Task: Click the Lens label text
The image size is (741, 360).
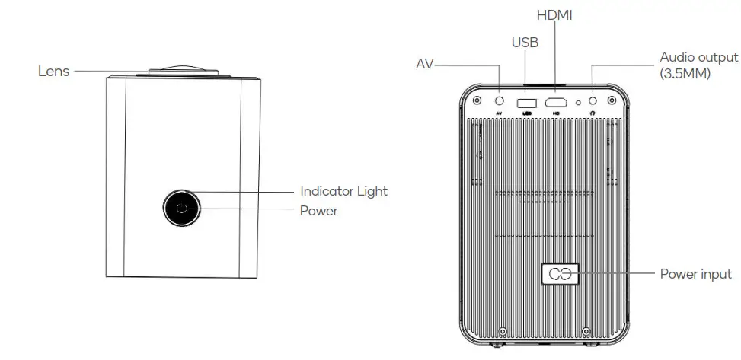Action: coord(53,71)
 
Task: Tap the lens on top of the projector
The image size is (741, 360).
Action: coord(183,72)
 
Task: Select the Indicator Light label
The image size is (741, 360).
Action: coord(343,191)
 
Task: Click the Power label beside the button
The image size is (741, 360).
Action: coord(318,211)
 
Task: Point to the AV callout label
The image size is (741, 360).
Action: coord(423,64)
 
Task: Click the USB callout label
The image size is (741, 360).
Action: coord(525,43)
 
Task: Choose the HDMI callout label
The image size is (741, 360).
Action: coord(555,15)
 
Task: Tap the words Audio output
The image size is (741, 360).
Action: coord(698,57)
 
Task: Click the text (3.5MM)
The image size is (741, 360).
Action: coord(685,74)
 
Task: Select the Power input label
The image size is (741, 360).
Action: coord(695,274)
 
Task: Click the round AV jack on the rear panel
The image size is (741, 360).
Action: coord(500,100)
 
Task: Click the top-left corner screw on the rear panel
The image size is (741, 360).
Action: coord(477,100)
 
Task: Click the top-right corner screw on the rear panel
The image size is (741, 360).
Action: coord(612,100)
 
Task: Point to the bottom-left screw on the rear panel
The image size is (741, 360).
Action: coord(503,331)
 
